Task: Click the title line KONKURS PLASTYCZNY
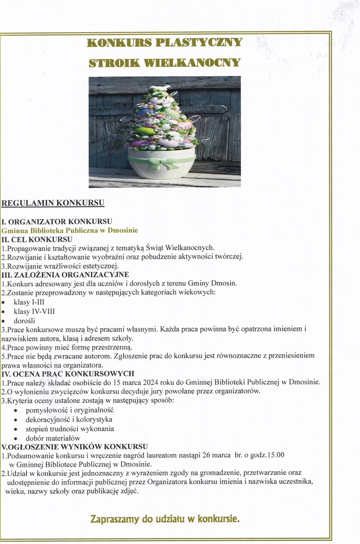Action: click(x=165, y=42)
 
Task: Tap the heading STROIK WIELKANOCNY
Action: click(x=165, y=63)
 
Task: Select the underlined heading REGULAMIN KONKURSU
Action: click(x=53, y=203)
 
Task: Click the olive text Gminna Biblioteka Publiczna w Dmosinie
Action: click(x=69, y=230)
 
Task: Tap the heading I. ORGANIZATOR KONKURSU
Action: click(x=57, y=221)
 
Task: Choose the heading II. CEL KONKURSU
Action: click(x=37, y=239)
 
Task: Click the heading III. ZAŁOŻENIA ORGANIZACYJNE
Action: click(x=65, y=275)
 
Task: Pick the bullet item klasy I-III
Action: click(x=32, y=302)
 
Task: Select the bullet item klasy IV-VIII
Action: click(x=34, y=311)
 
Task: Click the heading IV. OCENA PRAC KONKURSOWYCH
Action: click(x=68, y=373)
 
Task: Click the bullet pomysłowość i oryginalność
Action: click(x=69, y=410)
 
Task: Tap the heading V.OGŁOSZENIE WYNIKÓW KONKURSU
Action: click(x=75, y=446)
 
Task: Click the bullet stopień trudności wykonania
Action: click(x=69, y=429)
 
